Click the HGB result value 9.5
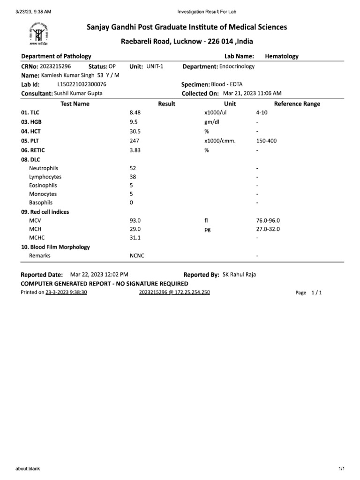133,122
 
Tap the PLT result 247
134,141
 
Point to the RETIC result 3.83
135,150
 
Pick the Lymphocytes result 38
133,177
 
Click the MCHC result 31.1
135,238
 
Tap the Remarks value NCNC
137,256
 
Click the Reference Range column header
297,104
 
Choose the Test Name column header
75,104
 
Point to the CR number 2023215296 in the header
56,67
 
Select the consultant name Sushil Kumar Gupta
78,93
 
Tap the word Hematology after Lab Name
282,56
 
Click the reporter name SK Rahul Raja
239,275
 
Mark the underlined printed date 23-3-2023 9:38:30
66,292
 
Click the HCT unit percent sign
206,132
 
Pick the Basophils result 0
131,202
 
